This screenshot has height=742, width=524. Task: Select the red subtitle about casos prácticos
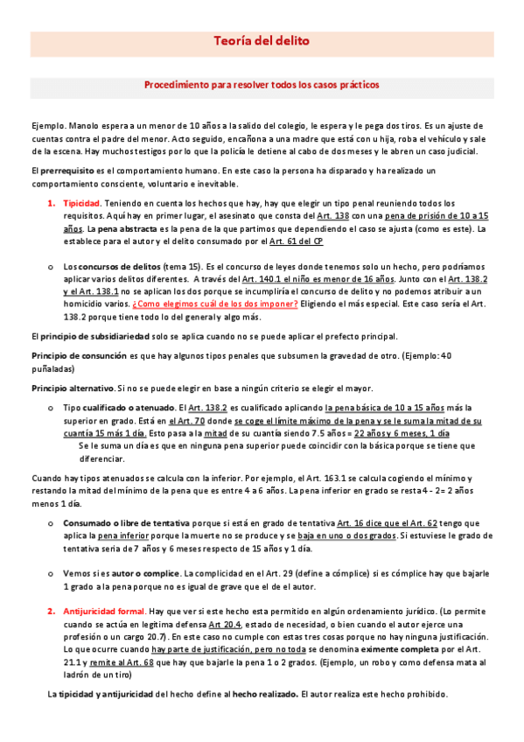(262, 87)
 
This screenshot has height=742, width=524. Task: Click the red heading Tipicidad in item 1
(80, 203)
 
